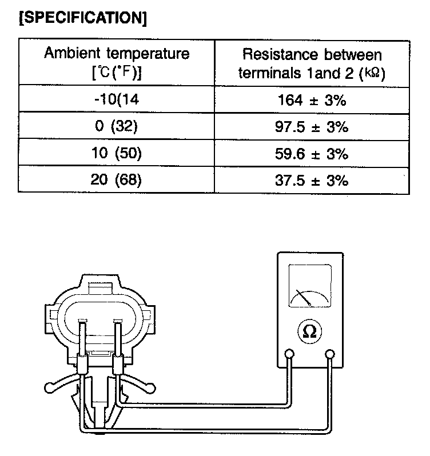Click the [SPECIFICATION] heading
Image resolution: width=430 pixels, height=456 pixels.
click(83, 17)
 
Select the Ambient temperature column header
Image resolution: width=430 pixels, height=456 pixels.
click(117, 63)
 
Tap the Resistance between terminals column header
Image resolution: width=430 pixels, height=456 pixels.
click(312, 63)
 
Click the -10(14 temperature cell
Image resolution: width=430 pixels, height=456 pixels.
click(117, 101)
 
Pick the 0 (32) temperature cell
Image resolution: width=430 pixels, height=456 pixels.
click(117, 127)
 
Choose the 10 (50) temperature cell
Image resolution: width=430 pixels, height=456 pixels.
click(117, 154)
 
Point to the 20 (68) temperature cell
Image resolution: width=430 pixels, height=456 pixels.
click(117, 180)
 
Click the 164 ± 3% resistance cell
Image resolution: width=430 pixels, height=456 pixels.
click(312, 101)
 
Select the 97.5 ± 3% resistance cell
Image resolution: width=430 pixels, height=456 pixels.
click(312, 127)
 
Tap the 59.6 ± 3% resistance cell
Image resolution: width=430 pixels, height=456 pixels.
click(312, 154)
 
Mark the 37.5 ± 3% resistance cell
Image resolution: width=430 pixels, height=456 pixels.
click(312, 180)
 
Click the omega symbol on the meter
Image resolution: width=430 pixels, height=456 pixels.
click(310, 331)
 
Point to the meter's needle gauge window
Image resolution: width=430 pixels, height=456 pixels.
click(310, 286)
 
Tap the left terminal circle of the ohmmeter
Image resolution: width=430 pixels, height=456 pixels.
click(290, 355)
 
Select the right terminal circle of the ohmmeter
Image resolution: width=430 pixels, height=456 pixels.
click(330, 355)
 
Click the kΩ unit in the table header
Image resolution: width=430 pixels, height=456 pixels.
click(374, 74)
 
